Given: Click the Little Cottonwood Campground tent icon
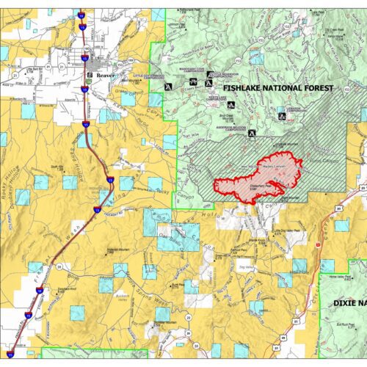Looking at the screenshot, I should click(167, 85).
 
